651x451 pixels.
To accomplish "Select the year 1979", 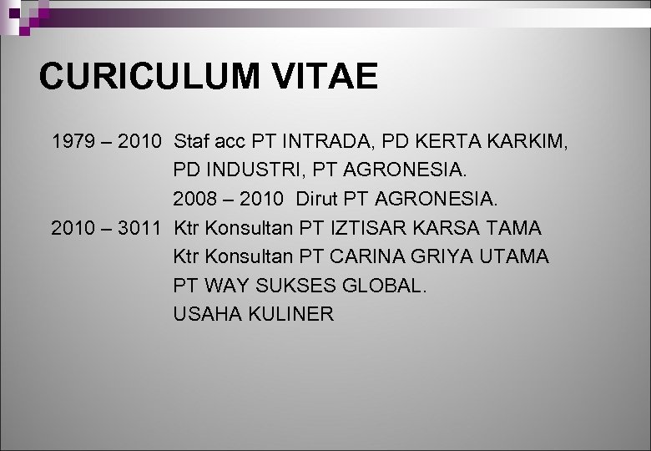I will tap(73, 141).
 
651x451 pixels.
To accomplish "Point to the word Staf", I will tap(193, 141).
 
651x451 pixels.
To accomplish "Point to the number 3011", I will tap(139, 228).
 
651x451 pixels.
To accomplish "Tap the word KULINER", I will tap(291, 314).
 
